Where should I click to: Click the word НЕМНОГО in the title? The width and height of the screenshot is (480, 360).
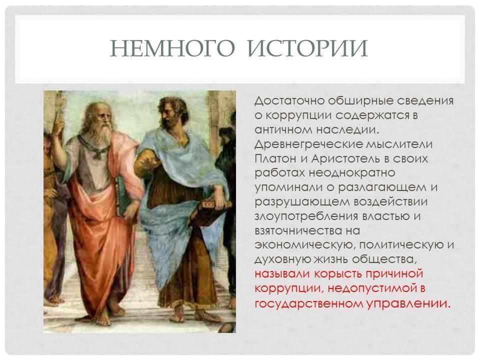click(x=172, y=48)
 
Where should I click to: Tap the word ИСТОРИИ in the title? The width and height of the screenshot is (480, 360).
click(x=307, y=48)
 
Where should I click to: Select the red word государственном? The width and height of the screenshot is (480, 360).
click(x=309, y=303)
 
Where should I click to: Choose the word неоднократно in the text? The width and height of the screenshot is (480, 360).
click(x=351, y=173)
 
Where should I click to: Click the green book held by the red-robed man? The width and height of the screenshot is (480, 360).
click(x=123, y=196)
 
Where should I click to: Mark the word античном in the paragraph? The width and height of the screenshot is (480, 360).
click(x=282, y=130)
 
